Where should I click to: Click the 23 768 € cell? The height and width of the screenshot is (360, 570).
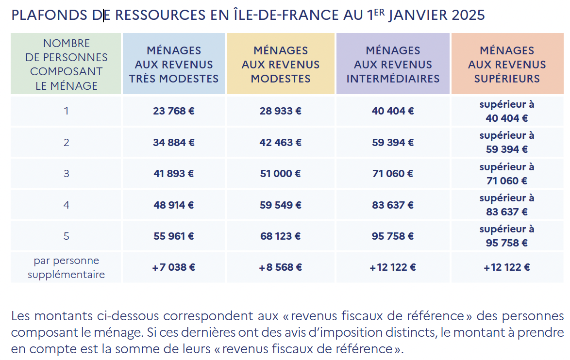pos(174,111)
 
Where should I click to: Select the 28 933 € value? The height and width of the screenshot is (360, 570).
pos(281,111)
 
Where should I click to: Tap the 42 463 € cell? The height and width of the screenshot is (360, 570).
pos(281,143)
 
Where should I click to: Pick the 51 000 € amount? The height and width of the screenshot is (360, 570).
pos(281,174)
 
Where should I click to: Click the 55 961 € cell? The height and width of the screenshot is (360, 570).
pos(174,236)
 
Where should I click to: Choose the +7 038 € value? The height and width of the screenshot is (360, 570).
pos(174,267)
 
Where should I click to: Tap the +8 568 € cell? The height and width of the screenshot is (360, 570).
pos(281,267)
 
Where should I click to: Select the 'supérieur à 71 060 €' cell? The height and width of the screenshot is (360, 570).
pos(507,174)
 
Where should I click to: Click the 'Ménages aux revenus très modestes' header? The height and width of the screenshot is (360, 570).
pos(174,65)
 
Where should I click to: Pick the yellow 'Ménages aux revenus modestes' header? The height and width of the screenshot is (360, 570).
pos(281,65)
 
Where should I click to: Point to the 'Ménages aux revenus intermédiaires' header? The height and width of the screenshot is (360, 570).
pos(393,65)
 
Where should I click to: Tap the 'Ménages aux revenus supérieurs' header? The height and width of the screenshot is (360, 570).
pos(507,65)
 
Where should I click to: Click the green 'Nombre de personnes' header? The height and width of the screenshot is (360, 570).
pos(67,65)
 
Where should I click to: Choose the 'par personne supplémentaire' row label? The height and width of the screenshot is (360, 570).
pos(67,267)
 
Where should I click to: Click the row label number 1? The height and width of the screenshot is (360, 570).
pos(67,111)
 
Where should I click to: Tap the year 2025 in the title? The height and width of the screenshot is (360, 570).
pos(468,16)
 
